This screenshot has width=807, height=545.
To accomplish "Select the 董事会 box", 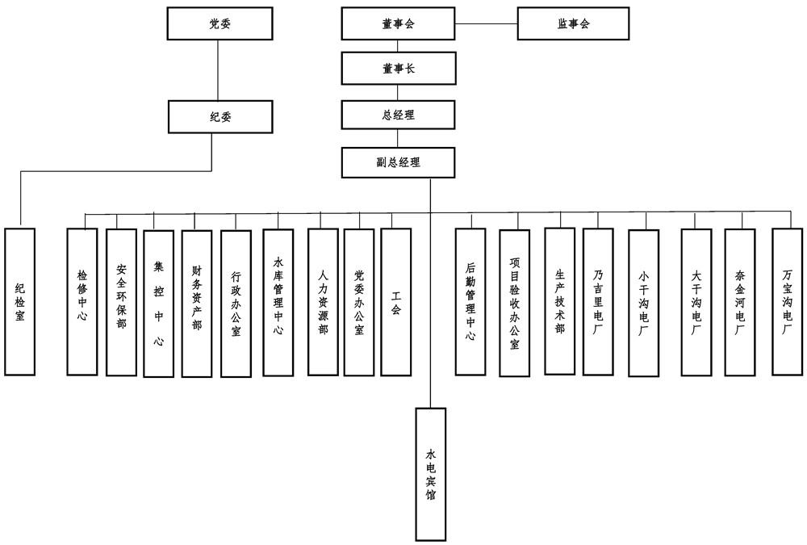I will point(398,24).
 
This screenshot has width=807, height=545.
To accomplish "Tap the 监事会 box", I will point(574,24).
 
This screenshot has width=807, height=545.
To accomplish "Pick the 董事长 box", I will point(398,69).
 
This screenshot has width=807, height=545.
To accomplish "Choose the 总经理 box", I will point(398,115).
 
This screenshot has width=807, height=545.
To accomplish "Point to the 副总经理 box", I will point(398,161).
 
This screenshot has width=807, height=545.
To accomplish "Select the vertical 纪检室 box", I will point(20,301).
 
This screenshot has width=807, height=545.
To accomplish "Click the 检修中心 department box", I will point(82,301).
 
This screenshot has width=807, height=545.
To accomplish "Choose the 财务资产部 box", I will point(196,304).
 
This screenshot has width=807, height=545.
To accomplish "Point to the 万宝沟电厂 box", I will point(787,301).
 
